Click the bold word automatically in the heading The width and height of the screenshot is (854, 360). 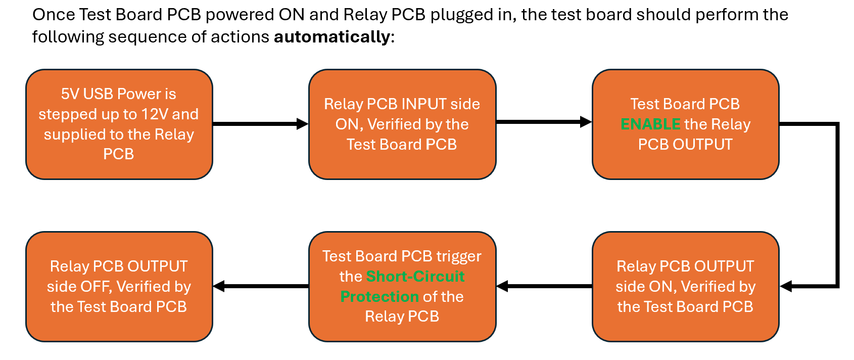332,37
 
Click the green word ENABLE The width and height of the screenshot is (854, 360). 650,124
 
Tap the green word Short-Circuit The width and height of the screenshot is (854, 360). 415,277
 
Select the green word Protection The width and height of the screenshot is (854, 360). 379,297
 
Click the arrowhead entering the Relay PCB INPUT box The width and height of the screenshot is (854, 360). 303,124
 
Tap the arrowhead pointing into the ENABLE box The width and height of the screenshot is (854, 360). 586,122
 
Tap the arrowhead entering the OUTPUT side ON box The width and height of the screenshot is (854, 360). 786,287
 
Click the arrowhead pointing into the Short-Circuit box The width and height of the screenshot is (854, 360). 502,287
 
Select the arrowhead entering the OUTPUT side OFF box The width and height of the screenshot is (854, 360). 219,287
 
